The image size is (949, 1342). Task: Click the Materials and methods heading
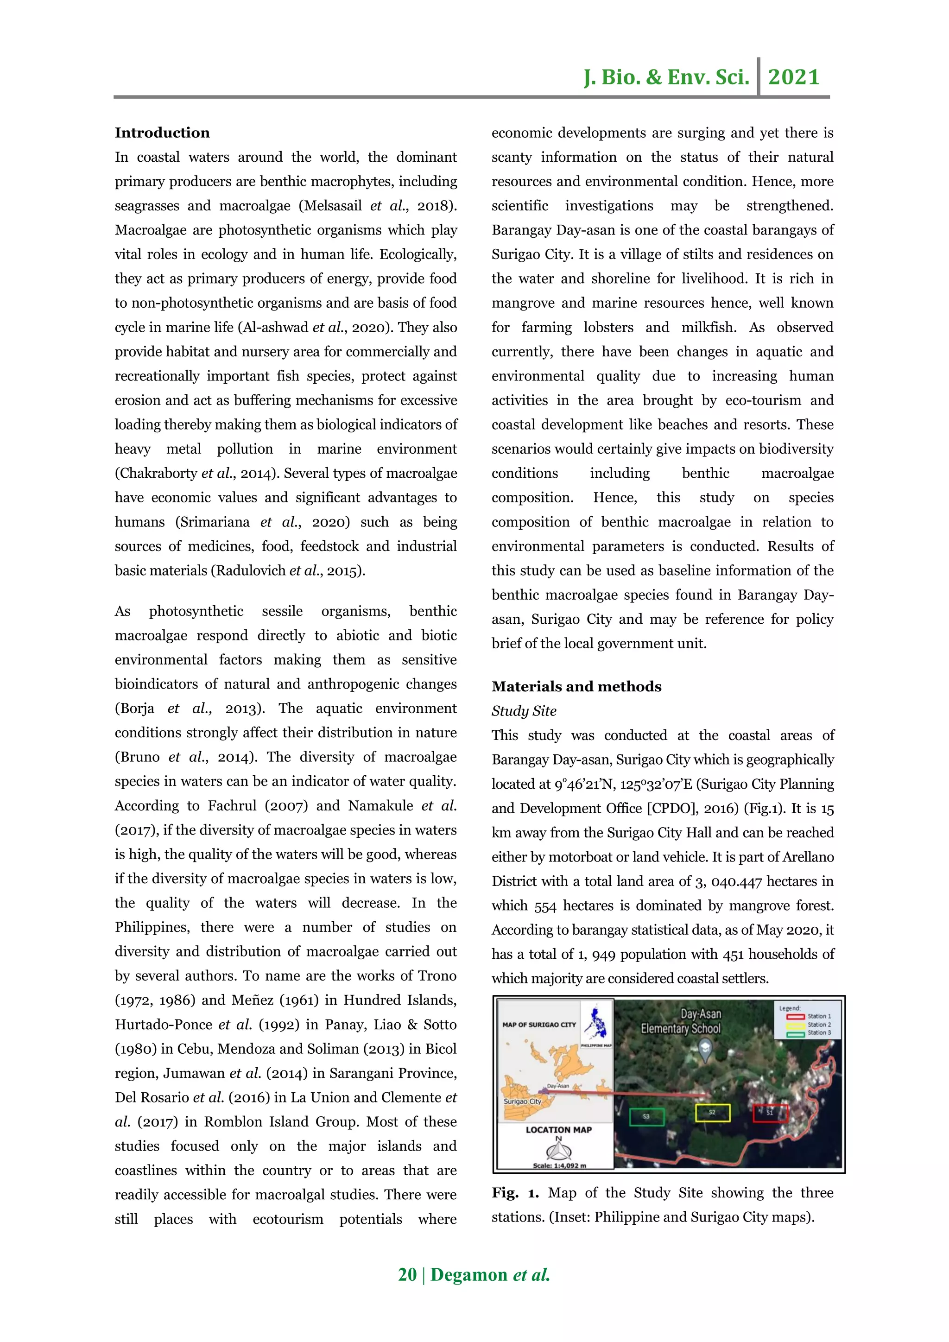[576, 686]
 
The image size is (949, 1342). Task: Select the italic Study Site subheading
[524, 711]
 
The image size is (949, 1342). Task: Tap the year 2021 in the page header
[794, 76]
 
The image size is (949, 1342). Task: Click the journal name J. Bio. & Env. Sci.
[666, 76]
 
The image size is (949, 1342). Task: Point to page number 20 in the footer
[407, 1274]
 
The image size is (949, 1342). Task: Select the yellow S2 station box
[712, 1112]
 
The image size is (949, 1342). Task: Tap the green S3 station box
[646, 1116]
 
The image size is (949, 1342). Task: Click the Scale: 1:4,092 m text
[559, 1165]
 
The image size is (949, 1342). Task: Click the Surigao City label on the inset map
[522, 1101]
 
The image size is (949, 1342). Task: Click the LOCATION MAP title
[559, 1130]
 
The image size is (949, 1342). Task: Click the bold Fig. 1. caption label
[515, 1192]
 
